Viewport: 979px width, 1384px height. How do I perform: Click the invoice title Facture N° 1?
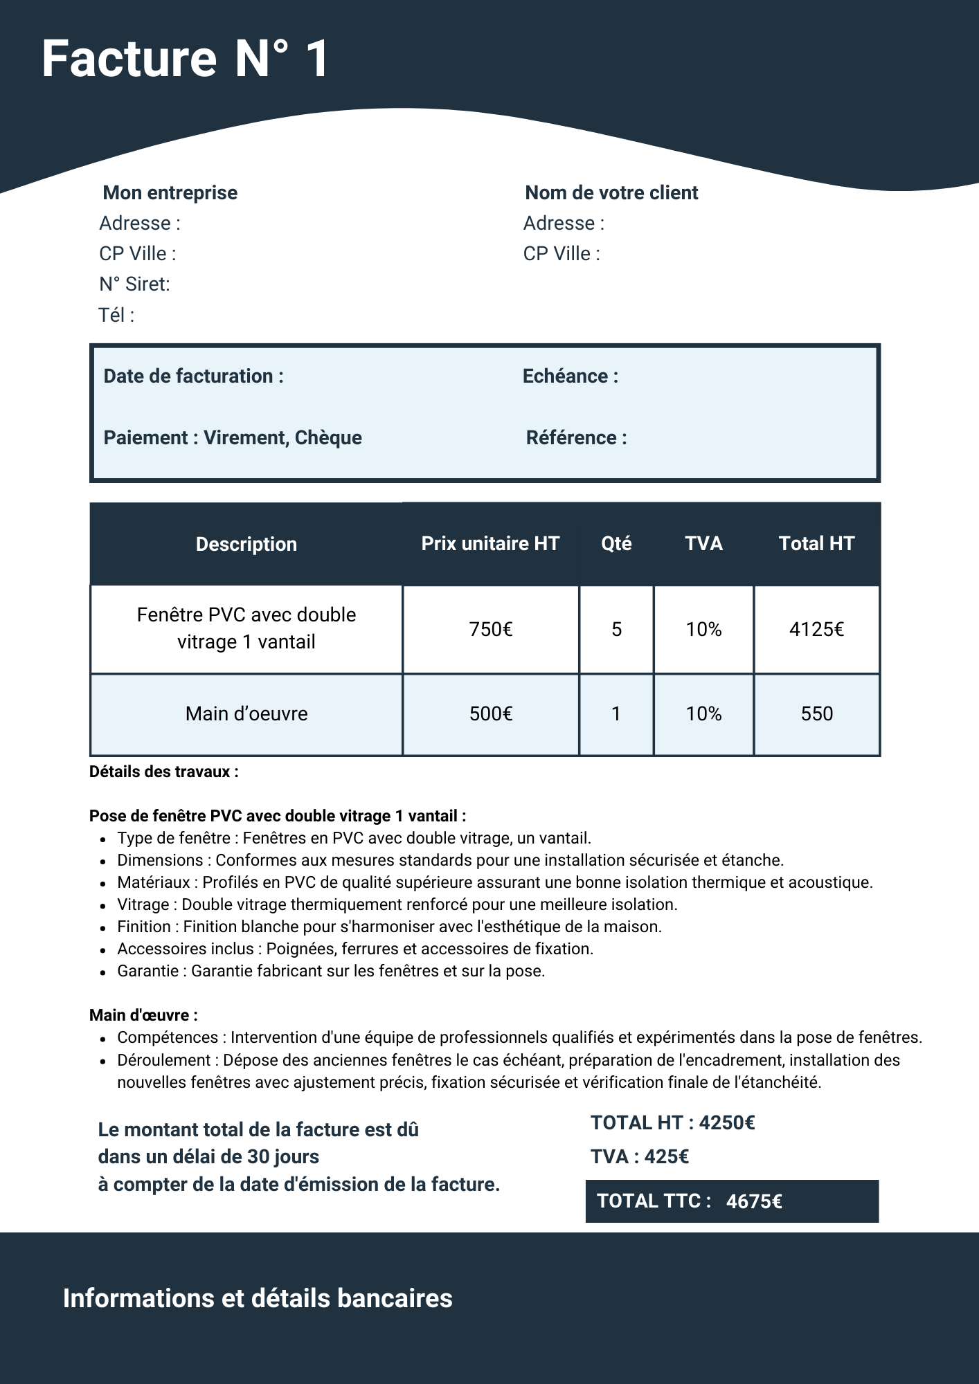[185, 59]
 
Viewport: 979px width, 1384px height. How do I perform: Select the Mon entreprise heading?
[170, 192]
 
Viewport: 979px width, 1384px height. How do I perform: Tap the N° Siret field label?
[134, 284]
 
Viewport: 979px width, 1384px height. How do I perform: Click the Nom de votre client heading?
[611, 192]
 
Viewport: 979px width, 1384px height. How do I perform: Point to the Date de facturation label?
[193, 376]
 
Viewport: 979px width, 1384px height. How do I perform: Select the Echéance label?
[570, 376]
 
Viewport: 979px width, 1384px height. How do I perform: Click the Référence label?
[576, 437]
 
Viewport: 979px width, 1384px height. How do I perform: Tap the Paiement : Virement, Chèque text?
[233, 437]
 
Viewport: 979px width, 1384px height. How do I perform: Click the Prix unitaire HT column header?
[490, 544]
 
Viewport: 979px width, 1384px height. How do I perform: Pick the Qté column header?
[616, 544]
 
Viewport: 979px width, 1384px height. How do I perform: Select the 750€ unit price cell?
[491, 629]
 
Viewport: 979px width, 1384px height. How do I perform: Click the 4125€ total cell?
[816, 629]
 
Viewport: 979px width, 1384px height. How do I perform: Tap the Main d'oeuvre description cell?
[246, 713]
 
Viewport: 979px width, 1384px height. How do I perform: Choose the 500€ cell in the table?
[491, 713]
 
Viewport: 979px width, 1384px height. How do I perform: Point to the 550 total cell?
[816, 713]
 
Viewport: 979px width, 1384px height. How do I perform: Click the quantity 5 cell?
[616, 629]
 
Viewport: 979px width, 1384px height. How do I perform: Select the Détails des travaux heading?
[164, 772]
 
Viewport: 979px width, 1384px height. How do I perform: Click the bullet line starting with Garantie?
[331, 971]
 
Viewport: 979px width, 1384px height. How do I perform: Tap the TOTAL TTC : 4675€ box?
[732, 1201]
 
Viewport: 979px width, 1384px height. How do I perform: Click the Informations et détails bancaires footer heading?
[258, 1298]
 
